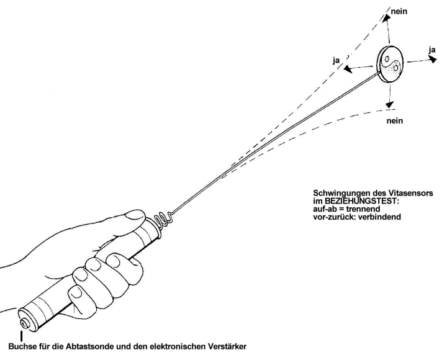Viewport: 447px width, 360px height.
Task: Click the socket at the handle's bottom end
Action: pos(24,323)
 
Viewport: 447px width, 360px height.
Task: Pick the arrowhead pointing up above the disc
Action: pos(386,19)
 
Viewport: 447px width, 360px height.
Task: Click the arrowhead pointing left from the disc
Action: pos(349,69)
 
